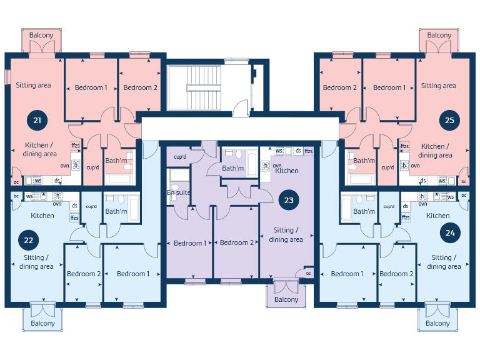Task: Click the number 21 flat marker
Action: tap(37, 119)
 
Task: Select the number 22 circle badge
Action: tap(28, 239)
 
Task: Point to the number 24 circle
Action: tap(450, 233)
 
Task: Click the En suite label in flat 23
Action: tap(179, 193)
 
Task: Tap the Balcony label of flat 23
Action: tap(286, 299)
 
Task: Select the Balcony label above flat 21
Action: tap(42, 36)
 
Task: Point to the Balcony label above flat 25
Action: tap(439, 36)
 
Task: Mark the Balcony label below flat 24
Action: tap(437, 323)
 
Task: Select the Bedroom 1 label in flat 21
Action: tap(91, 87)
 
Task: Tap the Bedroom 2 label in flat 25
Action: tap(340, 87)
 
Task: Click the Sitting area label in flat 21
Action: tap(33, 85)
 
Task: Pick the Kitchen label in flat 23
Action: tap(287, 171)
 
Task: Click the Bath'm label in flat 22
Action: tap(116, 212)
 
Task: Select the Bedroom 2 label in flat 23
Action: tap(236, 243)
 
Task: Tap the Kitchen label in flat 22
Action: tap(42, 216)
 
